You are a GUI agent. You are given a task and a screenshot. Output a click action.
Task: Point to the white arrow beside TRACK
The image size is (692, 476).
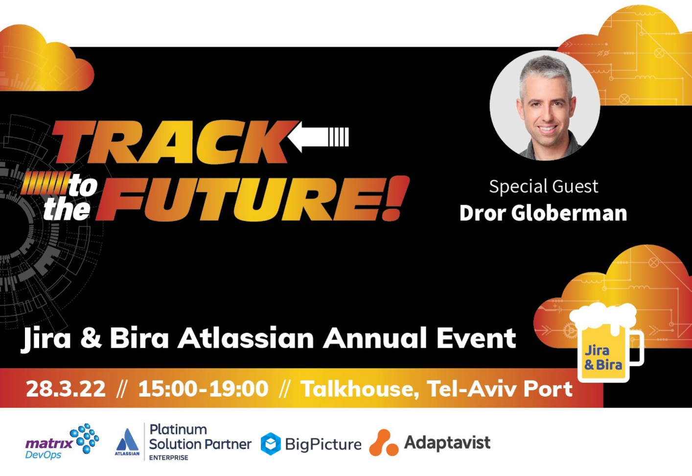click(318, 137)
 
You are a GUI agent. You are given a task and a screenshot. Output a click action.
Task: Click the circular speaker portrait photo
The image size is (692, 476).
click(545, 105)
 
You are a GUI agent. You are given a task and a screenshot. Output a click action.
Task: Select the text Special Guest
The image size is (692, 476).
click(543, 187)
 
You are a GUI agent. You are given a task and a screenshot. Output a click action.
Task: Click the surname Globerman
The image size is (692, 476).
click(569, 214)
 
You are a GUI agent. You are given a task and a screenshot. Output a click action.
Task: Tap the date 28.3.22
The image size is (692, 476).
click(66, 389)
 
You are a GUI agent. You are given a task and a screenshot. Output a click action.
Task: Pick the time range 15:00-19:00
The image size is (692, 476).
click(203, 389)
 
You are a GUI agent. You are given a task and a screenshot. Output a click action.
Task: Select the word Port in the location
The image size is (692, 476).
click(548, 389)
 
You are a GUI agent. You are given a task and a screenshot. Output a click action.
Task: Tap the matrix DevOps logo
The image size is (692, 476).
click(62, 442)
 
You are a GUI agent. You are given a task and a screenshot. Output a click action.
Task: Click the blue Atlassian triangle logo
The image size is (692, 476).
click(127, 440)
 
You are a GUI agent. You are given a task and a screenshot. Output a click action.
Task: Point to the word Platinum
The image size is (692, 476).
click(178, 429)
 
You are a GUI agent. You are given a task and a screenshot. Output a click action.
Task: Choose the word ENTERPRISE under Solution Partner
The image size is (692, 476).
click(168, 458)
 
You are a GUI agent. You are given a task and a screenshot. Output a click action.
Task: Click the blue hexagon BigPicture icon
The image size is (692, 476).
click(271, 444)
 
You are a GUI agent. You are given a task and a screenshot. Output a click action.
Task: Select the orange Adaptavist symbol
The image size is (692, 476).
click(383, 443)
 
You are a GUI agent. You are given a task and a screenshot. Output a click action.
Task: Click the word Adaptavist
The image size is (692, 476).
click(447, 443)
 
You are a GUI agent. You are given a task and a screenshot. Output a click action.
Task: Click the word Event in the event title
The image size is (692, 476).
click(476, 338)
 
